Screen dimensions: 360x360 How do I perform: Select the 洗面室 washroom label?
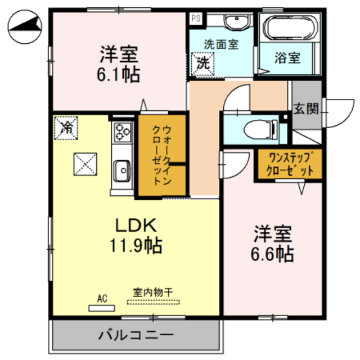click(220, 44)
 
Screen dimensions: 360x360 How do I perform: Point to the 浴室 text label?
click(287, 57)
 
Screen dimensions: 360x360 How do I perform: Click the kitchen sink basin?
click(121, 168)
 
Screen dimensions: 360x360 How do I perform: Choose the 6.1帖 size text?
click(120, 74)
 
